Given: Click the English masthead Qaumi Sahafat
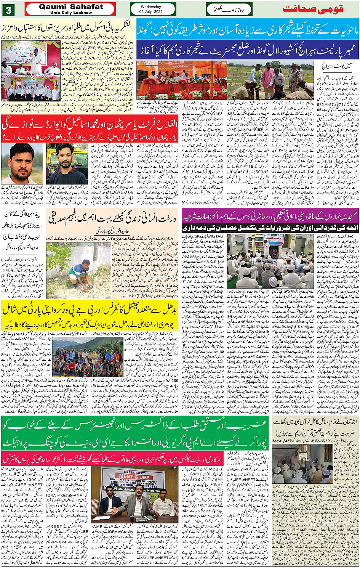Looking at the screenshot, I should [71, 7].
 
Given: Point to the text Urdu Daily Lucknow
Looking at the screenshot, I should [71, 13].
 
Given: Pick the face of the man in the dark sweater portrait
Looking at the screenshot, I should [67, 155].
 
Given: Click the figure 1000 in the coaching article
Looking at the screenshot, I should [33, 480].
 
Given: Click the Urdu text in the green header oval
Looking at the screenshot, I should [229, 9].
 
